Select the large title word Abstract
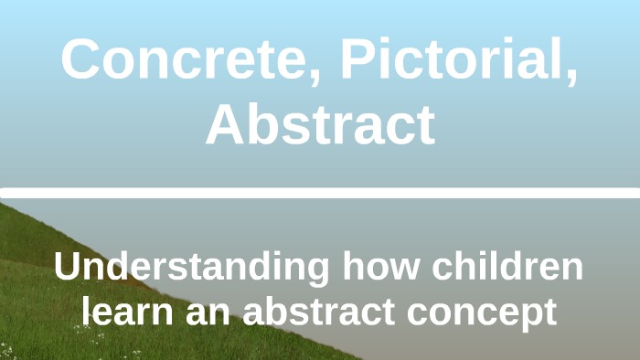coord(320,125)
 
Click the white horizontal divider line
coord(320,193)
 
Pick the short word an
coord(202,312)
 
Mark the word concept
coord(483,312)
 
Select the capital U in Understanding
coord(68,268)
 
